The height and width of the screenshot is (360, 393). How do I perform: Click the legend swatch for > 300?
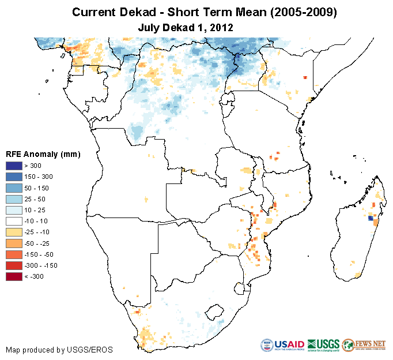(14, 166)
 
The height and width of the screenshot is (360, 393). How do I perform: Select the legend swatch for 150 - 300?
(14, 177)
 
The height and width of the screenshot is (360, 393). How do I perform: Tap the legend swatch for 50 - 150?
(14, 187)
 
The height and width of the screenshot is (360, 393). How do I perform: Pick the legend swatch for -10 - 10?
(14, 221)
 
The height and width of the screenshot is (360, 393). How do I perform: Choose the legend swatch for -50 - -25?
(14, 243)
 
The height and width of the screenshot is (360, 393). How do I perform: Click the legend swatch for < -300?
(14, 277)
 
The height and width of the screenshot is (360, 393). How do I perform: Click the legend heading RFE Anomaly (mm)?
(43, 154)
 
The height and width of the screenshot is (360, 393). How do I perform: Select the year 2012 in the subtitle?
(221, 27)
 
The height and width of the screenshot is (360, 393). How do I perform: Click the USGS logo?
(323, 345)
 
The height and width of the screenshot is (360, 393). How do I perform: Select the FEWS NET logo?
(364, 345)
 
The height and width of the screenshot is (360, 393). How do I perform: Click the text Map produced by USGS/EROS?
(59, 350)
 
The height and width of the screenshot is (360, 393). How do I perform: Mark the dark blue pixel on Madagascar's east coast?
(370, 218)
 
